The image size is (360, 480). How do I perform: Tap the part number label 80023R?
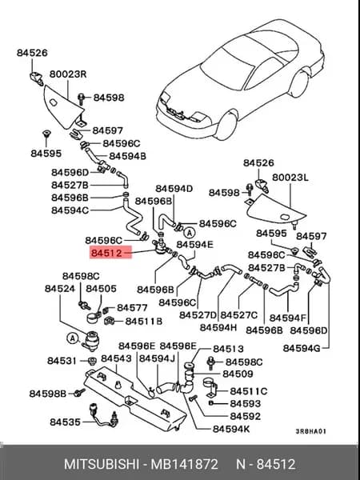68,74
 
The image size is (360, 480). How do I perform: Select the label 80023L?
290,178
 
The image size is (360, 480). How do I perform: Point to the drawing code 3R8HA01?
310,431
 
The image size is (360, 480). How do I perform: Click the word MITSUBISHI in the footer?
101,464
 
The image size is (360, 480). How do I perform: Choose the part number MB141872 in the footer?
184,464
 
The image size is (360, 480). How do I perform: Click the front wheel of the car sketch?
226,126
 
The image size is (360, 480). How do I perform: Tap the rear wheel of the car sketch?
299,83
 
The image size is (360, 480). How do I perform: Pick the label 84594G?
302,348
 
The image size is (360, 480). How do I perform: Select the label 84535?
65,422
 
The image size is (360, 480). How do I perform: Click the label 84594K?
231,429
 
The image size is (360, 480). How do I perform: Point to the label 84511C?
249,391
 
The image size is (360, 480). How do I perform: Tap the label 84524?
60,288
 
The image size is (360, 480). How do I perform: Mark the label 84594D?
174,189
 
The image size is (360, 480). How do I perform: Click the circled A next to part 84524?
73,338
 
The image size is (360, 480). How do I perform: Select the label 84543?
116,358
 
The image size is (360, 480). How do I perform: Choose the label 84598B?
48,394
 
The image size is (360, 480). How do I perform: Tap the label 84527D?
198,314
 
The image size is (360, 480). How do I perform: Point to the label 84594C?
70,210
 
